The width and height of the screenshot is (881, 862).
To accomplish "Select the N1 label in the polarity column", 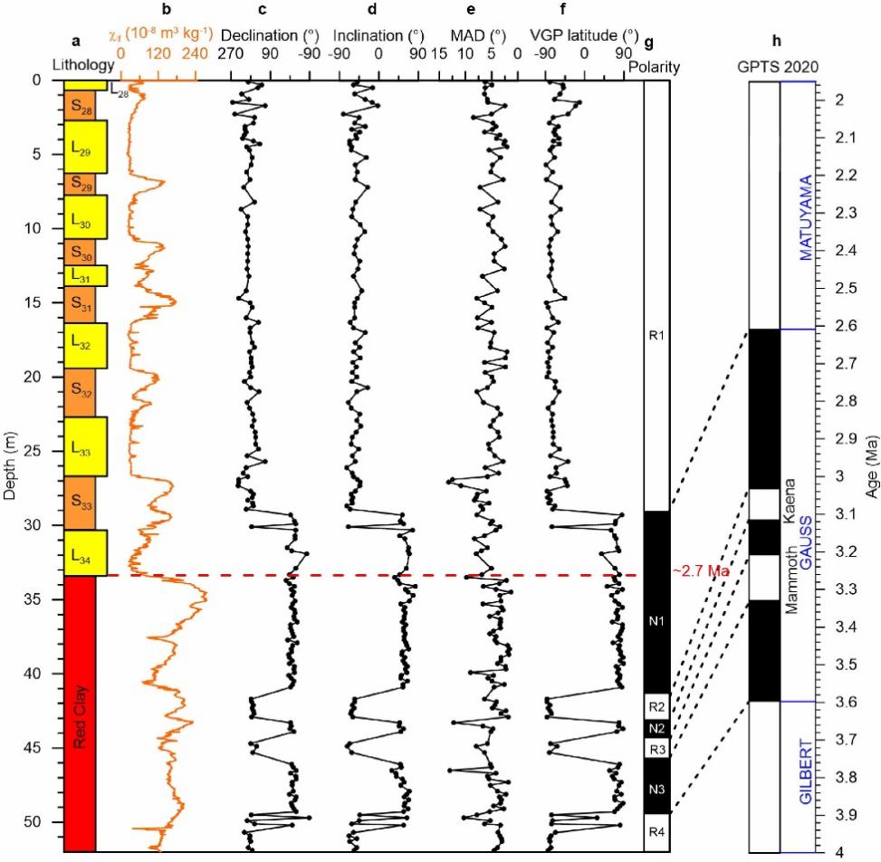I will click(x=656, y=621).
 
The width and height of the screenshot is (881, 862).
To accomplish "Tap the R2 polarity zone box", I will click(x=656, y=705).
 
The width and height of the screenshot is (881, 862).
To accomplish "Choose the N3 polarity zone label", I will click(x=656, y=790).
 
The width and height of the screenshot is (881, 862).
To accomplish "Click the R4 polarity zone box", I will click(x=656, y=831).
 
